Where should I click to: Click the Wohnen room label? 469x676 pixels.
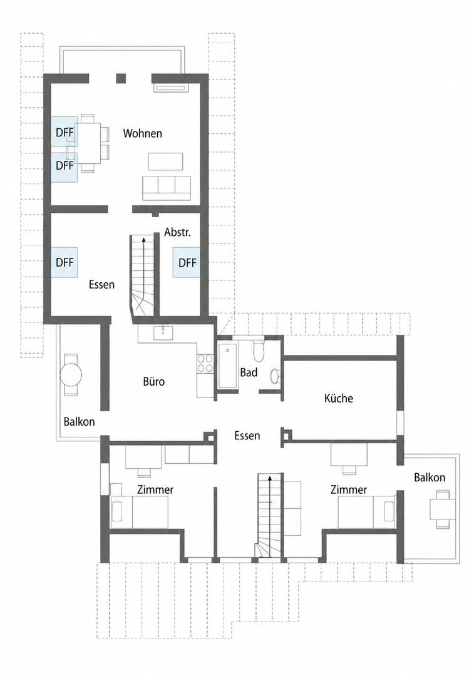(142, 133)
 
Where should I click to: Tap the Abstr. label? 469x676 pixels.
(177, 232)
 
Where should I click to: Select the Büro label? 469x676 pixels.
(154, 382)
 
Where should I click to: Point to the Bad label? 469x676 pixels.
(249, 372)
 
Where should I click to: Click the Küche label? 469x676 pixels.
(339, 398)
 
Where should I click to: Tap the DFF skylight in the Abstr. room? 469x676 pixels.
(187, 262)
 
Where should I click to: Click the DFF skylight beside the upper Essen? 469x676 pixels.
(64, 262)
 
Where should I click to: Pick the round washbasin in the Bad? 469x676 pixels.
(275, 376)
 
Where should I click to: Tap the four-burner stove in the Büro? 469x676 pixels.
(205, 363)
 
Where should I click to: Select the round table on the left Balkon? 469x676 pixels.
(70, 375)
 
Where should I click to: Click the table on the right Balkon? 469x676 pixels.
(443, 509)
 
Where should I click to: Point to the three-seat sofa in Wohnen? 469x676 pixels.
(167, 188)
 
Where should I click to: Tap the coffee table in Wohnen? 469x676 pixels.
(166, 161)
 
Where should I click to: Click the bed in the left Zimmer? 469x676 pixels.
(140, 512)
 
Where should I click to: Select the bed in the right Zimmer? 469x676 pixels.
(366, 512)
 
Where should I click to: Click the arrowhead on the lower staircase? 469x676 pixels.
(270, 478)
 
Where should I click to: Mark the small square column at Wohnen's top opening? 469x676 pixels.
(121, 78)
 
